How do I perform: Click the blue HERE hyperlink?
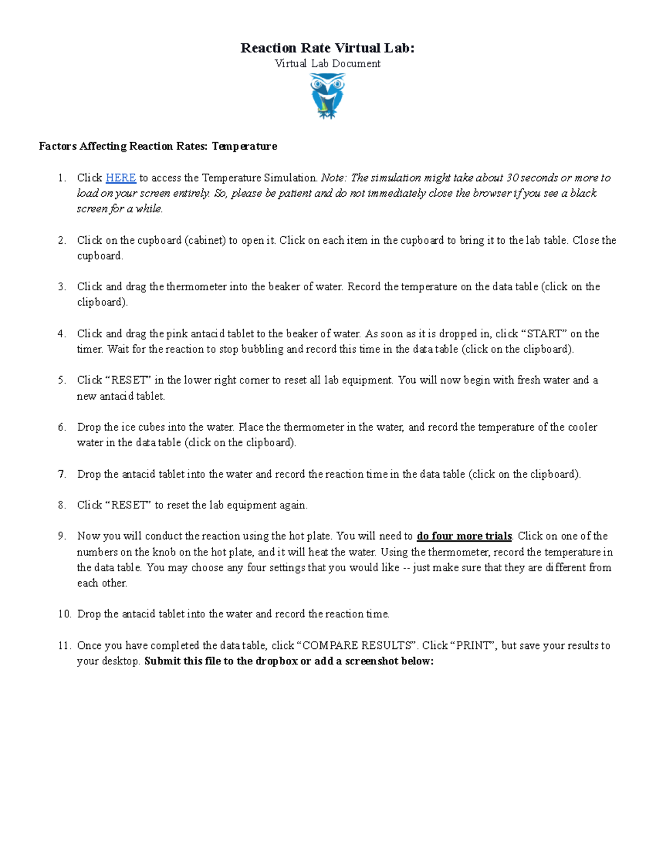tap(120, 178)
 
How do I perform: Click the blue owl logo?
tap(327, 96)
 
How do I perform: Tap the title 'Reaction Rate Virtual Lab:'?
tap(327, 48)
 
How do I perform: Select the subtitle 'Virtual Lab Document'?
tap(327, 63)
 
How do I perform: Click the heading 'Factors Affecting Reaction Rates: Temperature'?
tap(158, 146)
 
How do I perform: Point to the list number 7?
tap(61, 474)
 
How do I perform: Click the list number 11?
tap(63, 646)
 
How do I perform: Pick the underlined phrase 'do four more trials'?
tap(464, 536)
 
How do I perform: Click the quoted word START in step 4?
tap(543, 333)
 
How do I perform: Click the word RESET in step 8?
tap(128, 505)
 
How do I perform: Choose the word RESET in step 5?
tap(128, 380)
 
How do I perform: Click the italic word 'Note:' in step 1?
tap(333, 178)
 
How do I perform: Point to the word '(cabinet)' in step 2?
tap(205, 240)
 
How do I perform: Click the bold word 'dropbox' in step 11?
tap(276, 661)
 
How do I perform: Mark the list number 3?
tap(61, 286)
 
